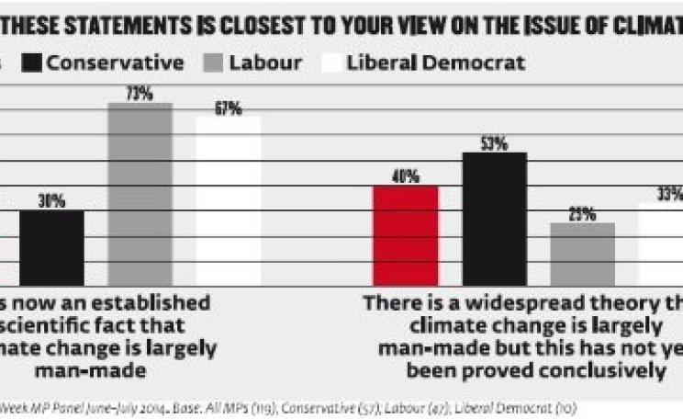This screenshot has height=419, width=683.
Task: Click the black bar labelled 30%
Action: [x=51, y=248]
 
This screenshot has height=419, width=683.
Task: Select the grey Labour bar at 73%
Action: [x=140, y=194]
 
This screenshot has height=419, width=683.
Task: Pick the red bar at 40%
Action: [x=405, y=235]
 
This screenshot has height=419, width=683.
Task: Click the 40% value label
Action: [x=405, y=176]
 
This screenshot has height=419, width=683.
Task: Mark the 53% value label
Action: [x=494, y=143]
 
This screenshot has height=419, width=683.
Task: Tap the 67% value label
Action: [x=229, y=108]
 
